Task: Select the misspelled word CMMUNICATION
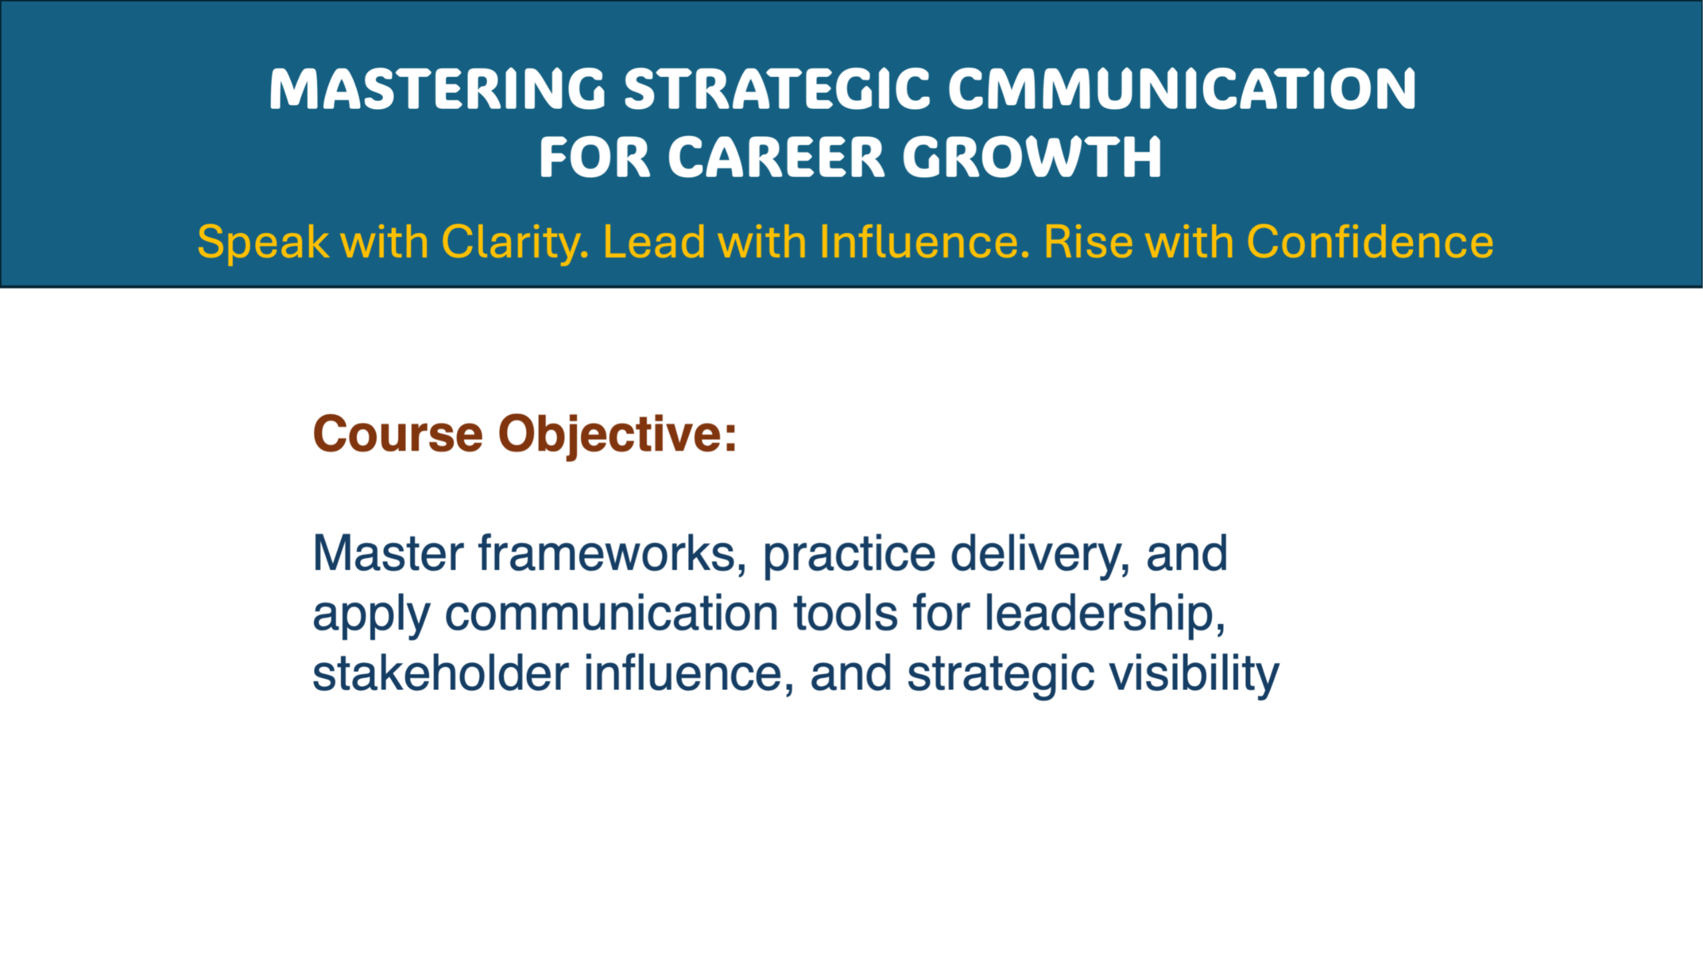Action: pyautogui.click(x=1182, y=89)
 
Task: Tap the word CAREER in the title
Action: pyautogui.click(x=776, y=158)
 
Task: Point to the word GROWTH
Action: pyautogui.click(x=1032, y=158)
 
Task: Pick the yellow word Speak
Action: pyautogui.click(x=263, y=243)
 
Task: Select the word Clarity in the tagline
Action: pyautogui.click(x=515, y=243)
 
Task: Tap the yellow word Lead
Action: pyautogui.click(x=654, y=241)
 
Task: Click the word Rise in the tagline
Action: pyautogui.click(x=1088, y=241)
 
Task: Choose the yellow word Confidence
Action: pyautogui.click(x=1370, y=241)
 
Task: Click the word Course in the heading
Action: pyautogui.click(x=398, y=434)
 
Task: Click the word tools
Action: pyautogui.click(x=845, y=613)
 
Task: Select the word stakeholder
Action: pyautogui.click(x=441, y=673)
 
